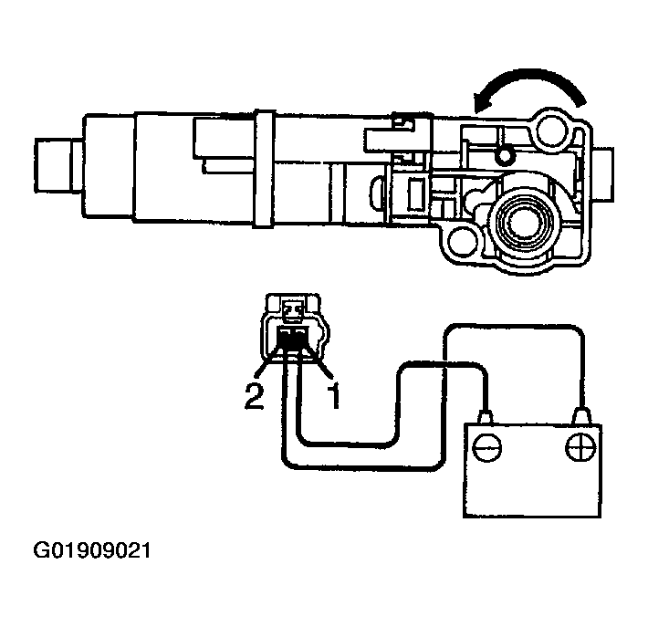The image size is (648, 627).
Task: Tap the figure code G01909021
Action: [91, 552]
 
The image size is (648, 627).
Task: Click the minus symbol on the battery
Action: [487, 447]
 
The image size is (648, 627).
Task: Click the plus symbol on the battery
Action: [580, 447]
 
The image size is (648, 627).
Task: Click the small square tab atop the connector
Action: [293, 312]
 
